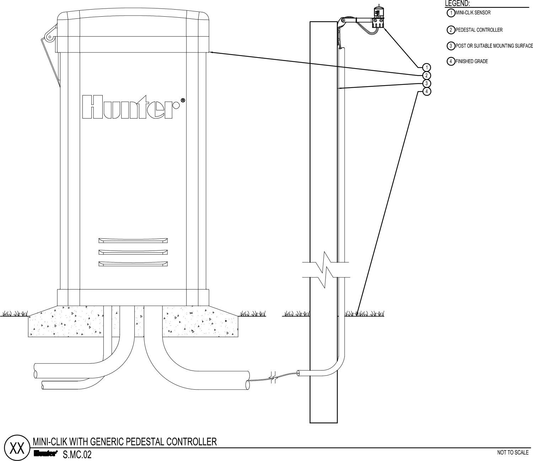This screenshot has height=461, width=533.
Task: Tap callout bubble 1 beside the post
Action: click(x=427, y=67)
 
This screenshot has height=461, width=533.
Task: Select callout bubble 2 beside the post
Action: click(x=427, y=76)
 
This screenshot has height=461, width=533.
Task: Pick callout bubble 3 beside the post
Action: click(x=427, y=83)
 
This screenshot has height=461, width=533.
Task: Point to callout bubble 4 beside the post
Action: click(x=427, y=92)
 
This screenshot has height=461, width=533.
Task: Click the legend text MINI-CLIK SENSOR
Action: click(x=473, y=13)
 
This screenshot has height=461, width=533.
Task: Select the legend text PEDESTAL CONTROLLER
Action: click(x=479, y=30)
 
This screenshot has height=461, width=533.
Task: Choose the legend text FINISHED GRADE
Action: click(x=472, y=61)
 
